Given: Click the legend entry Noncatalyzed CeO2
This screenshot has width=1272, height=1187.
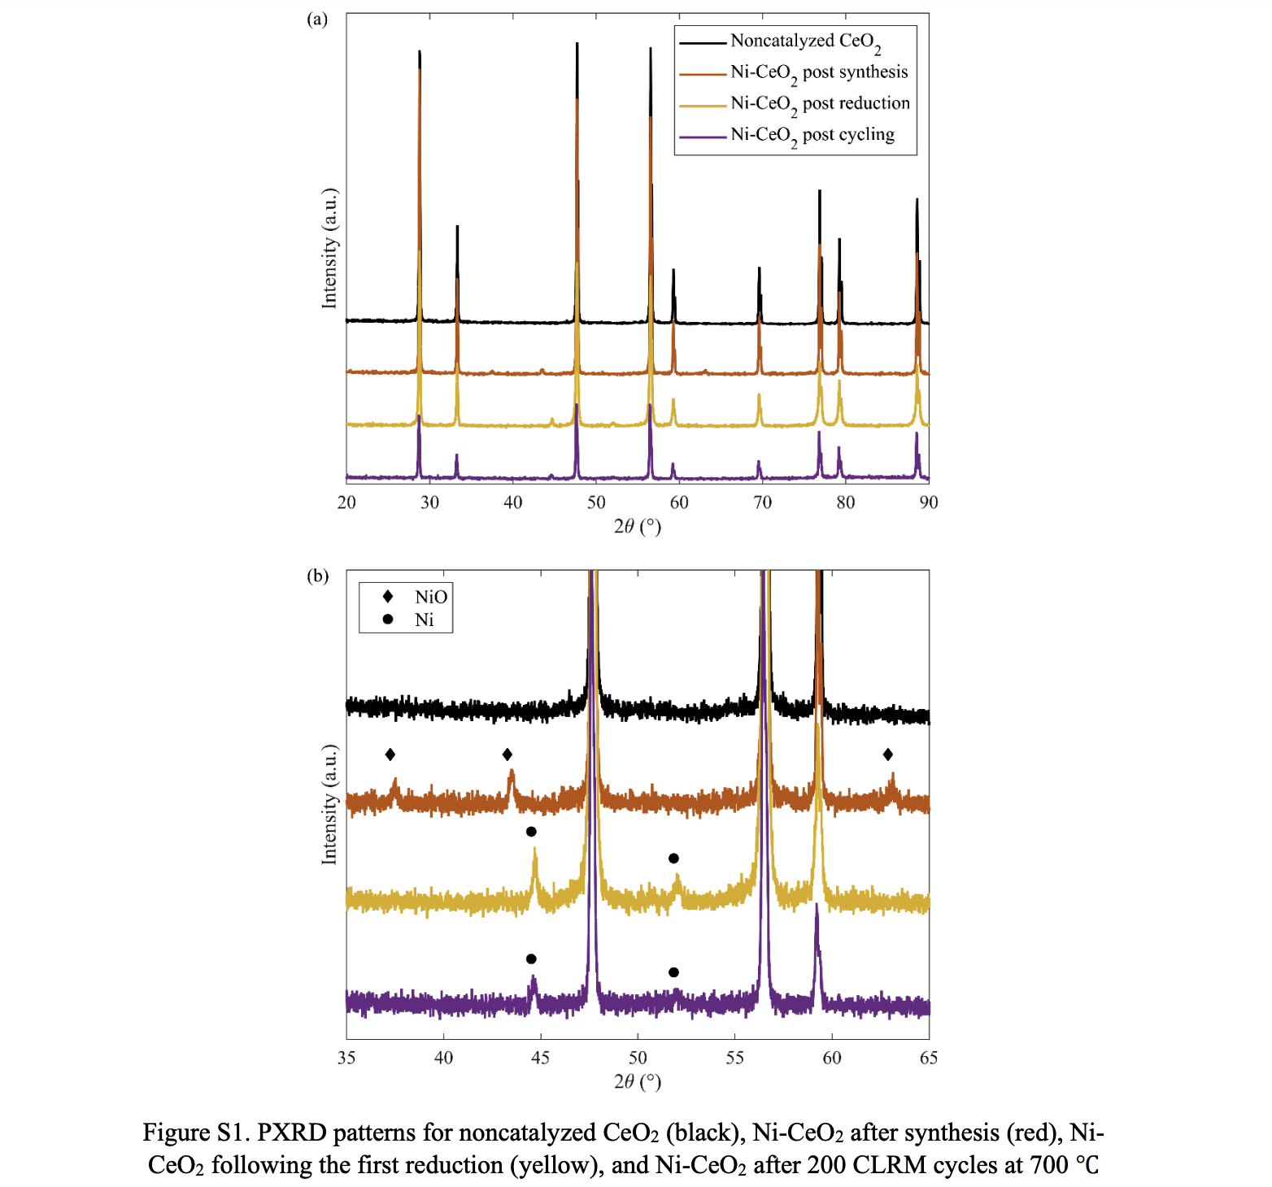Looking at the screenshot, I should [804, 41].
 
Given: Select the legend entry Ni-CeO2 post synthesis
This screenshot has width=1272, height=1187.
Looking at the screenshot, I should [818, 72].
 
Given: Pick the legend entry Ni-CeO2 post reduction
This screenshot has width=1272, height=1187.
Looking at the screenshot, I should [819, 103].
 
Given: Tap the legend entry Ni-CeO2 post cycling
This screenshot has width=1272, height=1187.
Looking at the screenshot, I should [812, 135].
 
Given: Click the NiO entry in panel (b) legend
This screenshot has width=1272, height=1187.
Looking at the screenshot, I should [430, 597].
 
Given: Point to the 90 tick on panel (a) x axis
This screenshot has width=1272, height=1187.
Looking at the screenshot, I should [928, 502].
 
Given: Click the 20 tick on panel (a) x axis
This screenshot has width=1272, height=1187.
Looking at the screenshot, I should [346, 502].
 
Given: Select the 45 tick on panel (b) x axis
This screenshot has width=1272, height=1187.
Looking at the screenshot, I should [540, 1058].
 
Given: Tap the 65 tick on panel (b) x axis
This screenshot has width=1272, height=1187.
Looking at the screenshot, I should [928, 1058].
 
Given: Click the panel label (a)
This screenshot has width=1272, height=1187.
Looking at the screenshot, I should [317, 20].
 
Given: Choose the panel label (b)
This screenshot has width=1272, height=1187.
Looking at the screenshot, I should [317, 576].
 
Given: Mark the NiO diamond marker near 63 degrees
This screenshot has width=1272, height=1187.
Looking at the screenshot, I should [887, 754].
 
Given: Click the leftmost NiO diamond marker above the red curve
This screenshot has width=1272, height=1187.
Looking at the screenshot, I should [390, 754].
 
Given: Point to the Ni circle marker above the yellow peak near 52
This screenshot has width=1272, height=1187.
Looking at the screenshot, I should [673, 859].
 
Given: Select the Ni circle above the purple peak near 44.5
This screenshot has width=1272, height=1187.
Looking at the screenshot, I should [531, 959].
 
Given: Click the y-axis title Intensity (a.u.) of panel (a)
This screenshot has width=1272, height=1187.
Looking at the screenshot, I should [329, 248].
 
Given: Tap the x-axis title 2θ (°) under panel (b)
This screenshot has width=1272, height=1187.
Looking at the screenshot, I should [637, 1081].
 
